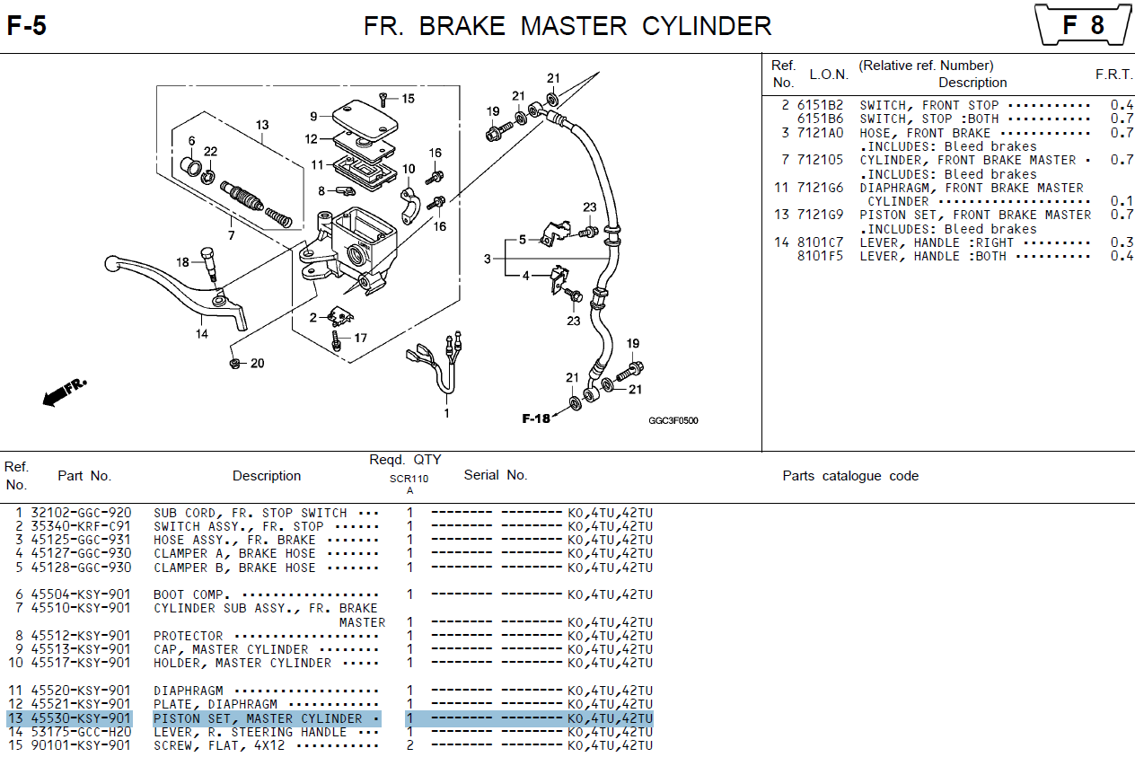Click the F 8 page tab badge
pos(1083,25)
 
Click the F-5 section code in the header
pos(27,26)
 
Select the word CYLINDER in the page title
pos(707,26)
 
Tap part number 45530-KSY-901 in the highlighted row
pos(81,718)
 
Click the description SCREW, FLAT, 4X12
pos(219,745)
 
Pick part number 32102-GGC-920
pos(81,513)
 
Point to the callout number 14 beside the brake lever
pos(202,334)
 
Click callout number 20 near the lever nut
pos(258,364)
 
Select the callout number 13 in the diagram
pos(262,125)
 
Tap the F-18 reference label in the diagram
pos(536,418)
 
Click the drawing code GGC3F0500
pos(673,420)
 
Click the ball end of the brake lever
pos(111,264)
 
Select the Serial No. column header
pos(496,475)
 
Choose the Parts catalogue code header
pos(850,476)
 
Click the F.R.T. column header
pos(1113,75)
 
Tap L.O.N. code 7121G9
pos(821,215)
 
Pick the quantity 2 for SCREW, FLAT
pos(409,745)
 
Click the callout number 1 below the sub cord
pos(446,413)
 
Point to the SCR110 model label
pos(409,479)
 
